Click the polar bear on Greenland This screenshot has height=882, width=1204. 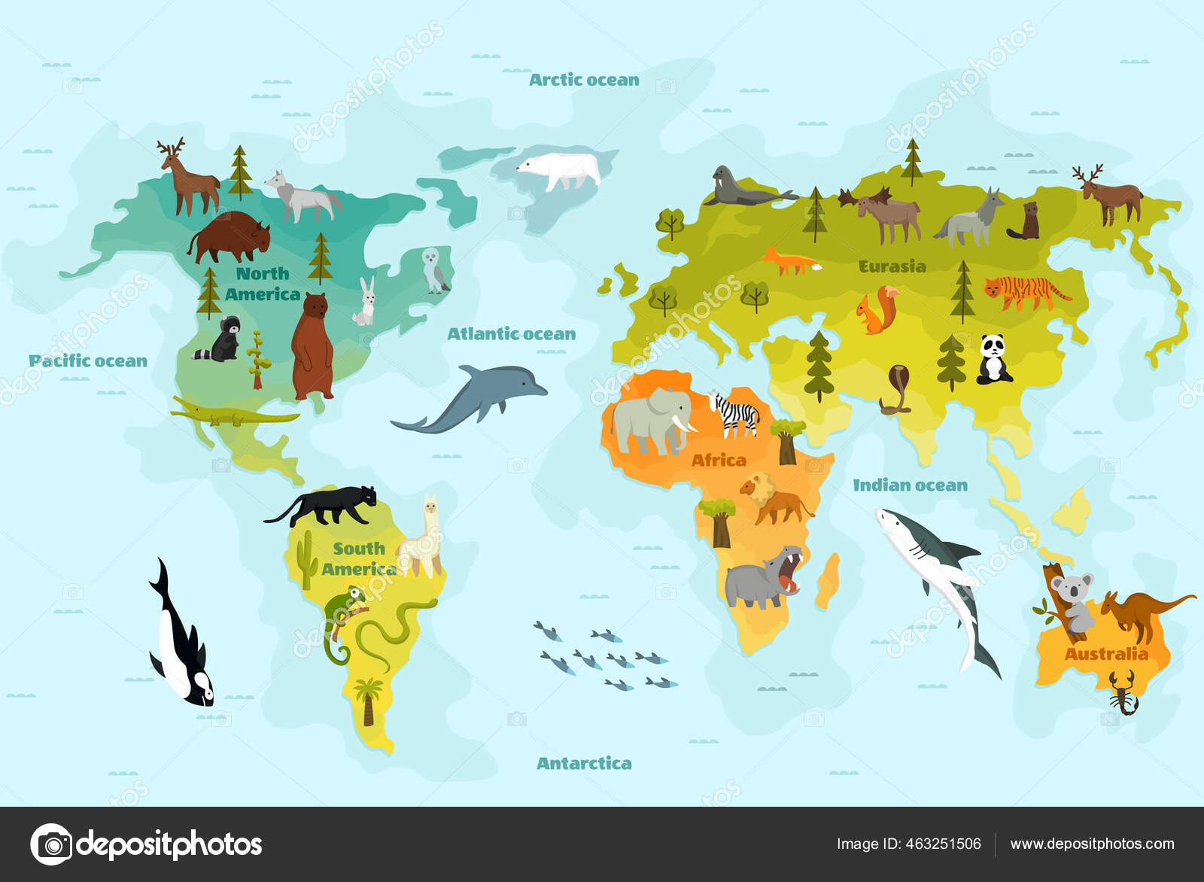click(561, 172)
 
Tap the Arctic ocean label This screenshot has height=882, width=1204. click(584, 80)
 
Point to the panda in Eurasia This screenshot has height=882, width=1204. click(993, 360)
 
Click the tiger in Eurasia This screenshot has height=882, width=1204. click(1026, 292)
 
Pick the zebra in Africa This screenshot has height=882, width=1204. click(734, 413)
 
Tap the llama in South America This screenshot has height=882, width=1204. click(422, 538)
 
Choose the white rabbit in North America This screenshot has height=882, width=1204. click(366, 303)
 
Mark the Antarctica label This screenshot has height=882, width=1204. click(584, 763)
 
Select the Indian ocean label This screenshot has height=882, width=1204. click(910, 485)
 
